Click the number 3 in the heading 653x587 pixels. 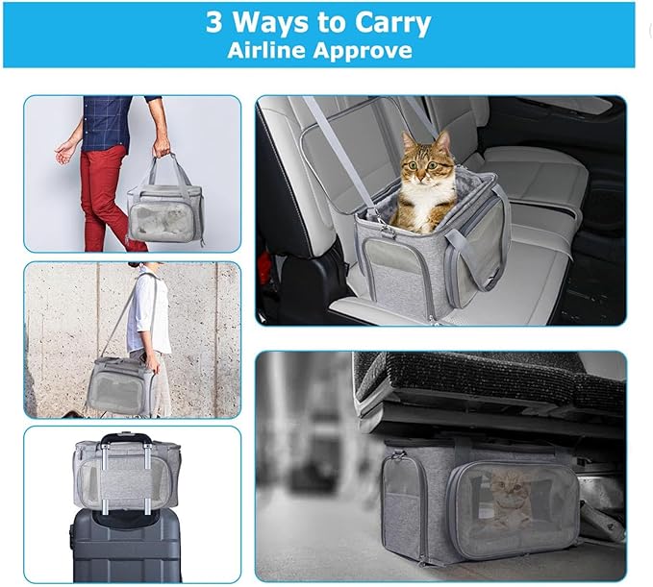click(213, 22)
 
